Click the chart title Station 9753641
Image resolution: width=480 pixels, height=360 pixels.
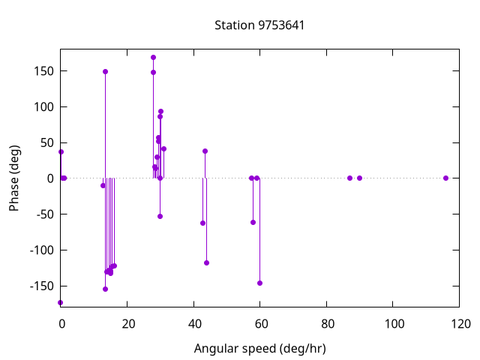259,25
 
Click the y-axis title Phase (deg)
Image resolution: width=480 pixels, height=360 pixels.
14,178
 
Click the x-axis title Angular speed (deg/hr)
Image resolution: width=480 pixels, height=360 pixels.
259,349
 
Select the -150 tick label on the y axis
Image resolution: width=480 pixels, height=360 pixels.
38,286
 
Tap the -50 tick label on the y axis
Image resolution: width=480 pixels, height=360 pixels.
41,214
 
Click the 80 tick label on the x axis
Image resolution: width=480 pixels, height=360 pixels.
326,325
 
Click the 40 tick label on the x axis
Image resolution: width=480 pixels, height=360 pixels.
193,325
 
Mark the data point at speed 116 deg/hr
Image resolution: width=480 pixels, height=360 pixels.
445,178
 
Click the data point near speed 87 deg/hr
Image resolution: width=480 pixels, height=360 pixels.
349,178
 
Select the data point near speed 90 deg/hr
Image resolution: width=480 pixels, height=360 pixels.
359,178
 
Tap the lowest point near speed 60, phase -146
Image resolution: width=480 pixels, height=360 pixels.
259,283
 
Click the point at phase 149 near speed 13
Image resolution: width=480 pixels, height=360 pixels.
105,71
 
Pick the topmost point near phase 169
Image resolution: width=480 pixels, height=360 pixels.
153,57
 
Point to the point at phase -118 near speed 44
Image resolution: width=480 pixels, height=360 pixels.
206,262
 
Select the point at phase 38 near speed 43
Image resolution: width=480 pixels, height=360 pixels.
205,151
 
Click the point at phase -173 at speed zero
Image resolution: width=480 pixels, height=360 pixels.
61,302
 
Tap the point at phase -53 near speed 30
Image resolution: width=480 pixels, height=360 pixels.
160,216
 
